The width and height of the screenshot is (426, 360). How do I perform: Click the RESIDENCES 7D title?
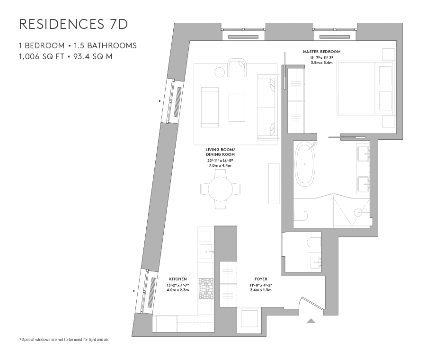coord(73,25)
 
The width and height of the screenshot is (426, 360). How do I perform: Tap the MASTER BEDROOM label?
coord(321,52)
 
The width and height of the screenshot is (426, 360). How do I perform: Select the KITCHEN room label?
coord(177,279)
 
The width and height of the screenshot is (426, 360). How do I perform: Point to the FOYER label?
coord(260,279)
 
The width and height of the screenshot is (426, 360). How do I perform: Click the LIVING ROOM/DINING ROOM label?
coord(220,152)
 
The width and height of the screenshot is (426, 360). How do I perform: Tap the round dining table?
coord(220,189)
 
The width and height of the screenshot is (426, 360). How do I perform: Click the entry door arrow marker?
coord(311,321)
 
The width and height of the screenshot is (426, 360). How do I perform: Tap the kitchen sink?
coord(206,251)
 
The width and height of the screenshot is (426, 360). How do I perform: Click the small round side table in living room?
coord(220,72)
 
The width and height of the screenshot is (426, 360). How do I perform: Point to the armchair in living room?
coord(237,67)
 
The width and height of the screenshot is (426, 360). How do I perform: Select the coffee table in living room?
coord(237,107)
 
